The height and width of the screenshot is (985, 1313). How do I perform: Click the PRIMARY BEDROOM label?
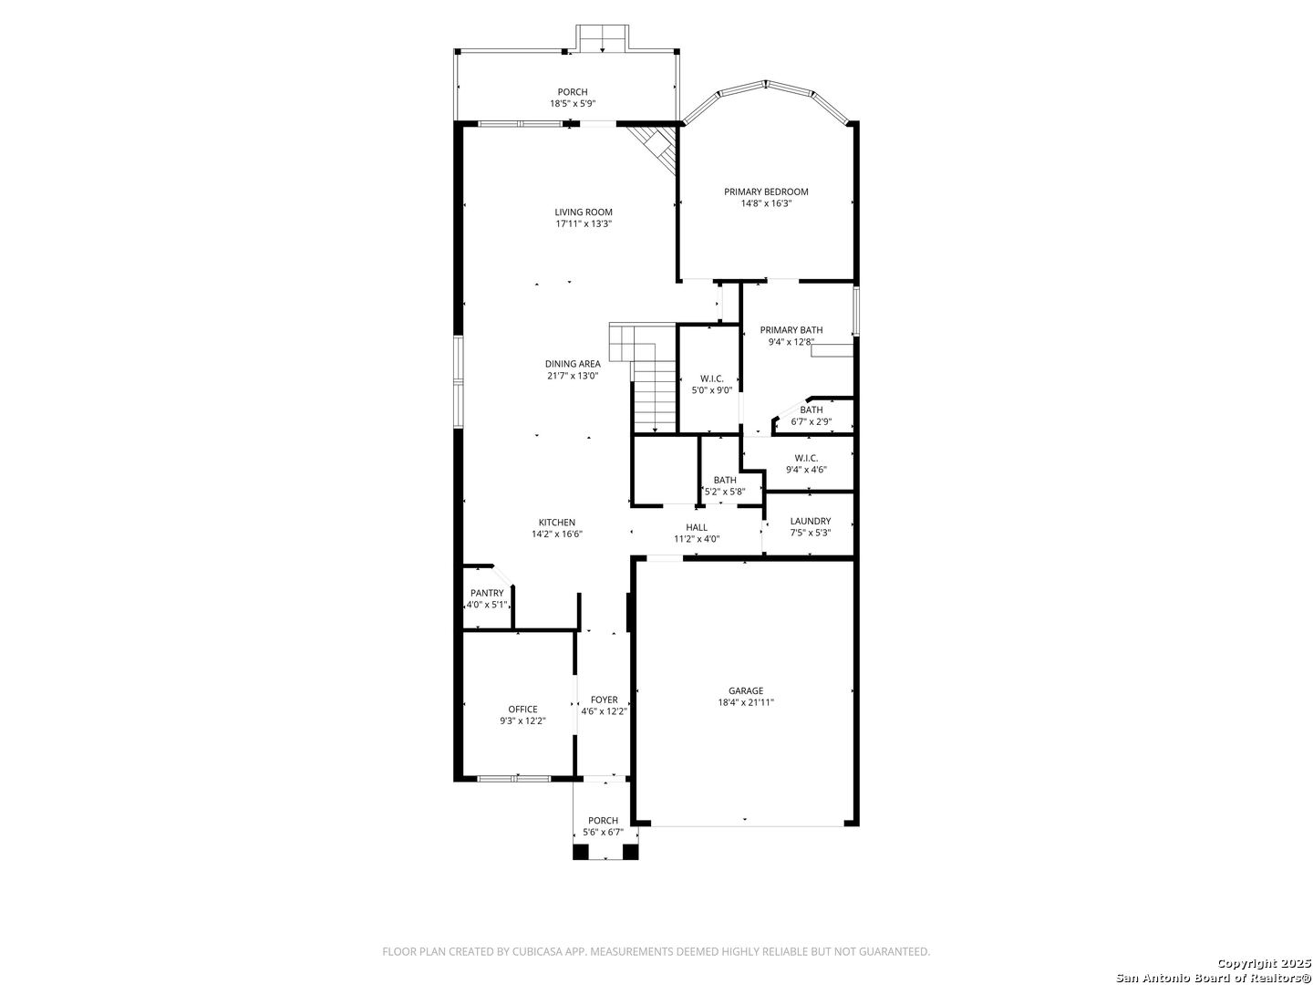coord(766,192)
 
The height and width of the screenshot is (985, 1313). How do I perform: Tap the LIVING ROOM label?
coord(584,213)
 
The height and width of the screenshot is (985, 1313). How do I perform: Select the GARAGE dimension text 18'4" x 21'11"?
coord(746,702)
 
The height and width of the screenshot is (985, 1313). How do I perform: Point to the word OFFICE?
coord(522,710)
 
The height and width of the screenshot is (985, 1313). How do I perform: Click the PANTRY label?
coord(487,593)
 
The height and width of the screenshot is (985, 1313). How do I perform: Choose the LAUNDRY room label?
coord(810,522)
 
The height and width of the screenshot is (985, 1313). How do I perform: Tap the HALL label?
coord(697,527)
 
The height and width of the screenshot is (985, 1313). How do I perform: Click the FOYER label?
coord(605,700)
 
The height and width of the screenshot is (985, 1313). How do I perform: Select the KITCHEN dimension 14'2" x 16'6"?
coord(557,534)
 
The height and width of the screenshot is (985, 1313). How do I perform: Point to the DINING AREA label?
coord(573,364)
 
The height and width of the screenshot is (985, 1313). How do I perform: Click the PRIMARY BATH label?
coord(791,330)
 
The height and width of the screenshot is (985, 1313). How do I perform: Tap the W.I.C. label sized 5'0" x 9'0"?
coord(712,378)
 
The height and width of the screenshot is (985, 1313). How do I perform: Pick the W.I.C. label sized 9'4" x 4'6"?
coord(806,458)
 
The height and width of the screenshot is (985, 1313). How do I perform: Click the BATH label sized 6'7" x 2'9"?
coord(812,410)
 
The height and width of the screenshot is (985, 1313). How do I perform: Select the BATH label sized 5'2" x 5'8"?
coord(724,481)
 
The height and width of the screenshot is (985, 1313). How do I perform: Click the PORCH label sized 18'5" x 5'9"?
coord(573,92)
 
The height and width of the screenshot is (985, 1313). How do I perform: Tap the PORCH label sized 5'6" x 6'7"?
coord(603,821)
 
